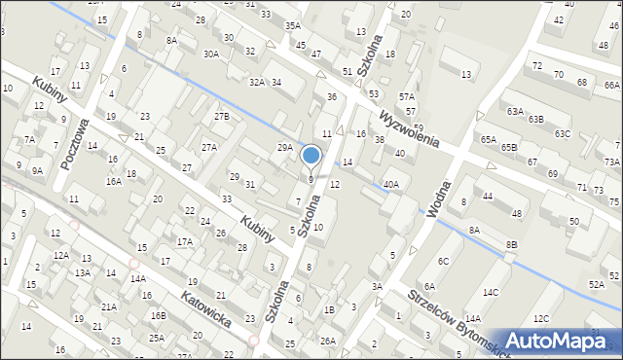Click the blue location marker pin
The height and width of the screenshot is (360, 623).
[x=311, y=156]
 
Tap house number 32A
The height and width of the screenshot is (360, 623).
[x=257, y=83]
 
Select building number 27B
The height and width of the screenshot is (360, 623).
[x=222, y=117]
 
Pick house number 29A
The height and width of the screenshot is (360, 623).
[x=284, y=147]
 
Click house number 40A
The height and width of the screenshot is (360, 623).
[x=391, y=184]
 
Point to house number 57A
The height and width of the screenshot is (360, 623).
[x=407, y=97]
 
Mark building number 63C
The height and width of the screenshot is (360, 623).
[x=563, y=133]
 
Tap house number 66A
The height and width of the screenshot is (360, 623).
[x=611, y=86]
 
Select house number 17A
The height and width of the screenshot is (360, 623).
[x=185, y=241]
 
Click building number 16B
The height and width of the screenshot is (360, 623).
[x=159, y=315]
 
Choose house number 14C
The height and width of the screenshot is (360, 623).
[x=491, y=292]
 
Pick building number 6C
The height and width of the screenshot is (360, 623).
[x=443, y=261]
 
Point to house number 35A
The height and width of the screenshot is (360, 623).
[x=293, y=25]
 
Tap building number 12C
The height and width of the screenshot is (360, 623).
[x=541, y=318]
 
